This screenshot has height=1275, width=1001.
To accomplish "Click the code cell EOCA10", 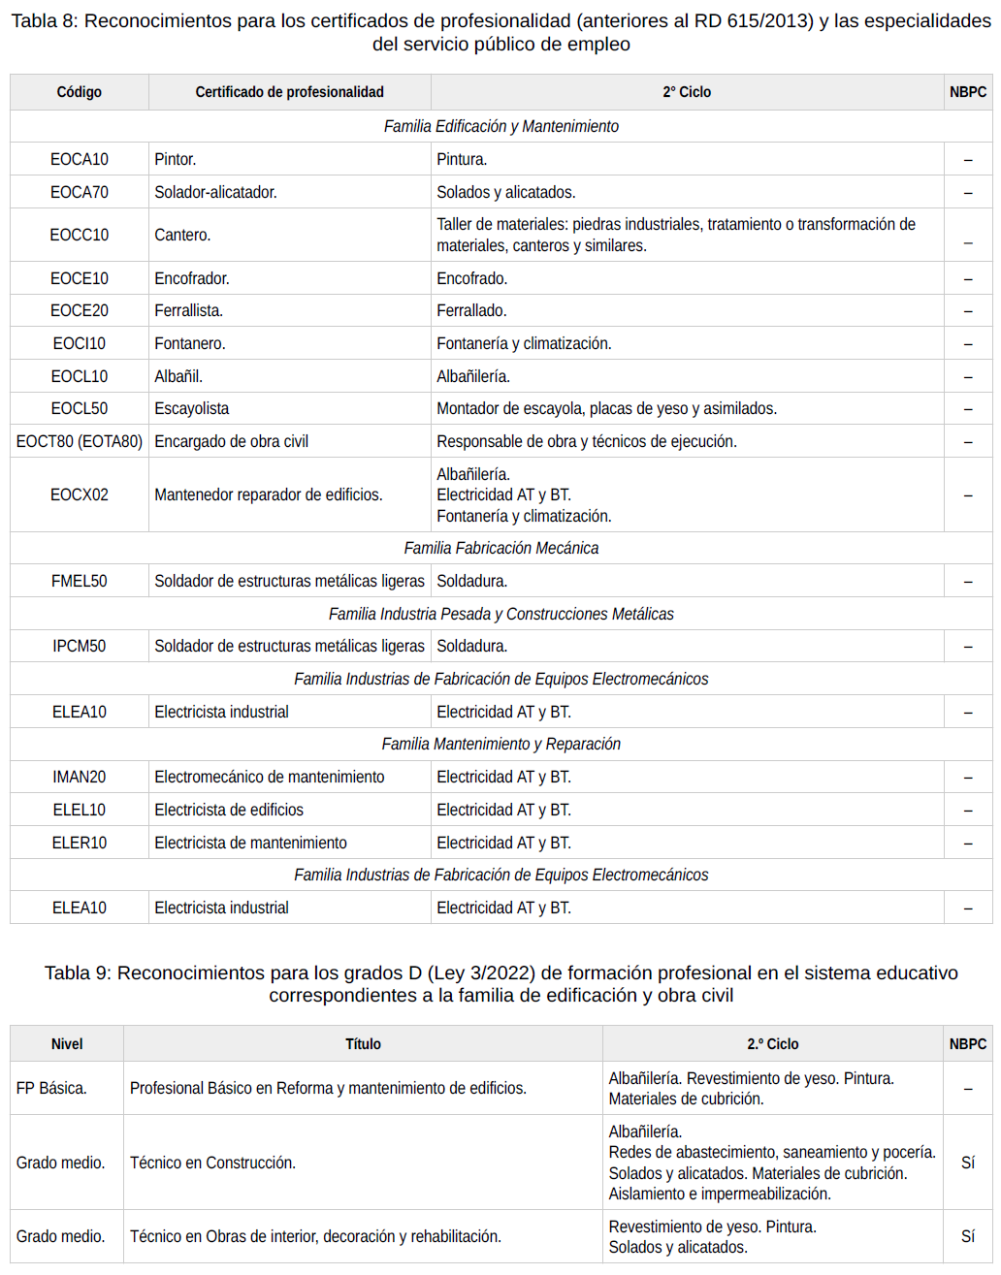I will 80,159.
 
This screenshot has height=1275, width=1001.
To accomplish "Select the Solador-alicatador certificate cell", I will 215,192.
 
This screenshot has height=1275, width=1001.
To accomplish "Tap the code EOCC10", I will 80,235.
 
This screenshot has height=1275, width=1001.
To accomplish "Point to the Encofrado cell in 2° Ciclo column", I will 471,278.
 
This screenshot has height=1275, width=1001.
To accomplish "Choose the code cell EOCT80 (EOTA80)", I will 80,441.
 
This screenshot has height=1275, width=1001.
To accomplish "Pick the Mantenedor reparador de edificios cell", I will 269,494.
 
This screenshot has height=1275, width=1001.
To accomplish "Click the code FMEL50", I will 80,581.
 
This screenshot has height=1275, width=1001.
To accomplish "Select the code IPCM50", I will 80,646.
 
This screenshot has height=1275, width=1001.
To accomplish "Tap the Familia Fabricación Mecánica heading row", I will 501,548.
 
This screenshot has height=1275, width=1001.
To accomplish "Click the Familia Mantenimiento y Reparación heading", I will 501,744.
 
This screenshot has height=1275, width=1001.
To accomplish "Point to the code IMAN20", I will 80,777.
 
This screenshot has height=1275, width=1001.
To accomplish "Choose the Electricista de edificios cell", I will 229,810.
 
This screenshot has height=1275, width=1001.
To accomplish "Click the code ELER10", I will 80,843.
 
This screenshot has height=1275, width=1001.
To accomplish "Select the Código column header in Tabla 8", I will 80,92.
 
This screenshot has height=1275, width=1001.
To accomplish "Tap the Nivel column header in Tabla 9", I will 67,1044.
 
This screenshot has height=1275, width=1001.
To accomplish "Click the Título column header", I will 363,1044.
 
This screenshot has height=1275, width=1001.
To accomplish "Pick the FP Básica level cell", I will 51,1088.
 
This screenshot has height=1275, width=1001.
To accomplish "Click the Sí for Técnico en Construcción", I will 968,1163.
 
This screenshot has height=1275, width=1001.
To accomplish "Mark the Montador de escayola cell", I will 606,408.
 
